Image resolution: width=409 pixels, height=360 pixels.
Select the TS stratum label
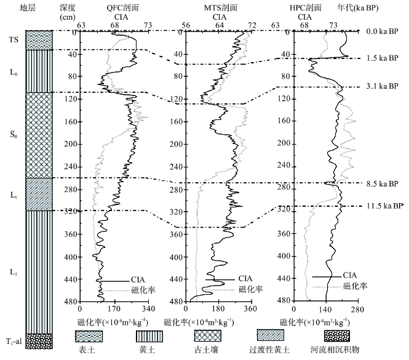(14, 39)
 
